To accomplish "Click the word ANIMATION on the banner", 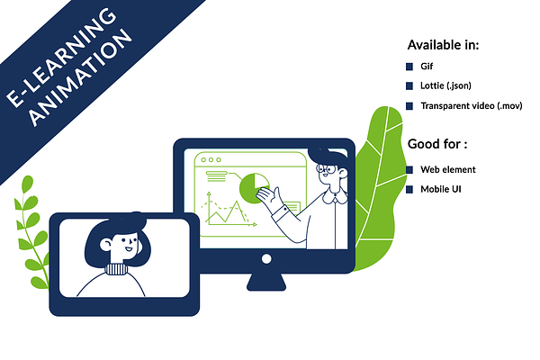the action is click(81, 77).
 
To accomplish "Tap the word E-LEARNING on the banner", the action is click(61, 57).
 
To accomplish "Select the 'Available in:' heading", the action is click(443, 45).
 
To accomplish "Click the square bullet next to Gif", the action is click(409, 67).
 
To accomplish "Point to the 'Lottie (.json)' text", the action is click(445, 85).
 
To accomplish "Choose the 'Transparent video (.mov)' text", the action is click(472, 106).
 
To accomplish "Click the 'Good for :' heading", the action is click(437, 144).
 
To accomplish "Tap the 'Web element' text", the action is click(448, 169).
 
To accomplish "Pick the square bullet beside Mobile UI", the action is click(409, 190).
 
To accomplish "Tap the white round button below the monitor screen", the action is click(266, 258).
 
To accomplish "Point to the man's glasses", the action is click(327, 169).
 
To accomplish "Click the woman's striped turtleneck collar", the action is click(116, 269).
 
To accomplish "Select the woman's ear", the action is click(105, 245).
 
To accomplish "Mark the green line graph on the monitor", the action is click(226, 211).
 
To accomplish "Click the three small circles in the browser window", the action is click(211, 160).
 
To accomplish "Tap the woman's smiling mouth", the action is click(129, 248).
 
